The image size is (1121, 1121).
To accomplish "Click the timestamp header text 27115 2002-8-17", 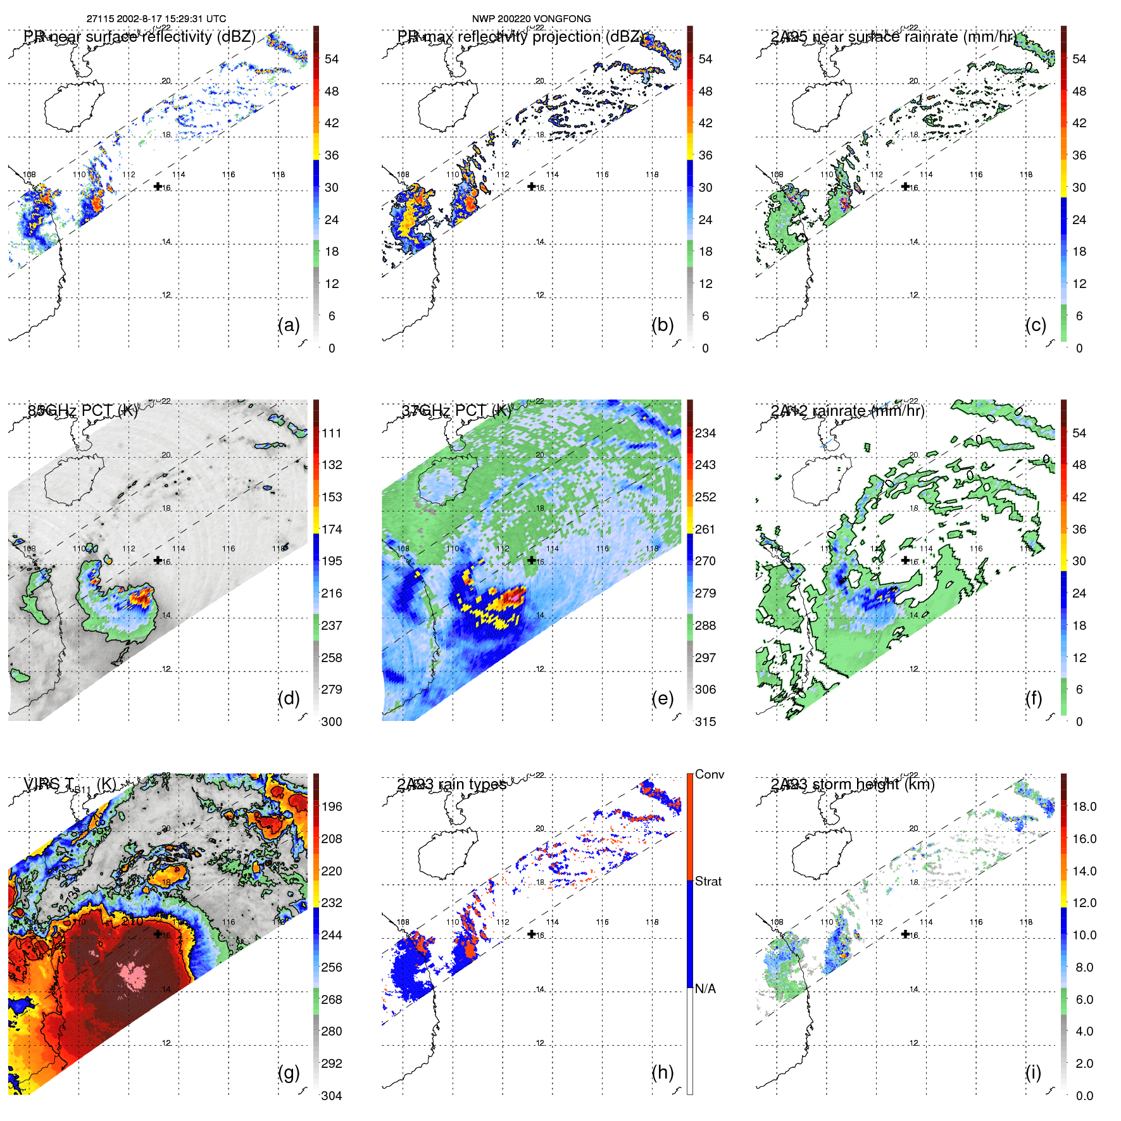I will click(x=156, y=19).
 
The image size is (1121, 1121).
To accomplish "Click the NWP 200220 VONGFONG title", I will click(x=531, y=19).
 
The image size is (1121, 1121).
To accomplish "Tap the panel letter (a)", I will click(x=289, y=325).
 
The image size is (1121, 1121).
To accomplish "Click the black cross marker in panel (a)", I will click(x=158, y=186).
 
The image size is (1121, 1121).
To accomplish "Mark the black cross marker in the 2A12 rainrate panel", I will click(x=905, y=560).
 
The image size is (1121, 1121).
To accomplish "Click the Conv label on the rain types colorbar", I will click(x=709, y=774).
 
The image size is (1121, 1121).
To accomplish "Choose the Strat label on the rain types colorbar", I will click(x=708, y=881).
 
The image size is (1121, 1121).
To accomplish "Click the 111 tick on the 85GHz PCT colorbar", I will click(x=331, y=433).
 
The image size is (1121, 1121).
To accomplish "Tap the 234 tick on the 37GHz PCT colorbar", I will click(x=705, y=433).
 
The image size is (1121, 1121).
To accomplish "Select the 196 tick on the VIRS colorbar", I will click(x=331, y=806).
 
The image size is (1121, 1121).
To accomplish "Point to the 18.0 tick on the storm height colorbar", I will click(x=1084, y=806).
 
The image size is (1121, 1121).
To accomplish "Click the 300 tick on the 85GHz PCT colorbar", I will click(x=331, y=722).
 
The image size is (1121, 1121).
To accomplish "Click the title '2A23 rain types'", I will click(x=451, y=784).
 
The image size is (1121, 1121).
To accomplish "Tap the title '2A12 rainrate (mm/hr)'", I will click(x=847, y=411).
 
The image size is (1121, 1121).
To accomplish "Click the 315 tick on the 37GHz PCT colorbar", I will click(x=705, y=722).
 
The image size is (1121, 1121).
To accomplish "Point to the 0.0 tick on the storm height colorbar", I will click(x=1084, y=1096).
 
